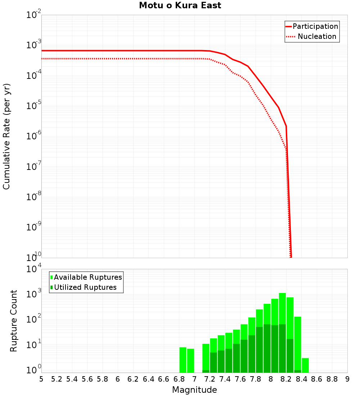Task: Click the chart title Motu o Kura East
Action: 180,5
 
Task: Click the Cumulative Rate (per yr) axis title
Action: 6,136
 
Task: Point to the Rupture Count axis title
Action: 14,321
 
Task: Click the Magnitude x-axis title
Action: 194,390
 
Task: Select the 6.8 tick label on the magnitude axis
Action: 179,379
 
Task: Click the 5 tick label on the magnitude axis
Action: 41,379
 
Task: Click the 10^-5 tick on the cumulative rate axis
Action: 33,106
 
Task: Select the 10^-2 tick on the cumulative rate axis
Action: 33,15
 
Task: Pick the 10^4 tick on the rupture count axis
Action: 33,269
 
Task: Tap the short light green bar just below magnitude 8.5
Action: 305,365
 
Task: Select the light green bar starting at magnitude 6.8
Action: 183,360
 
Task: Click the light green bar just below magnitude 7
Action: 190,360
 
